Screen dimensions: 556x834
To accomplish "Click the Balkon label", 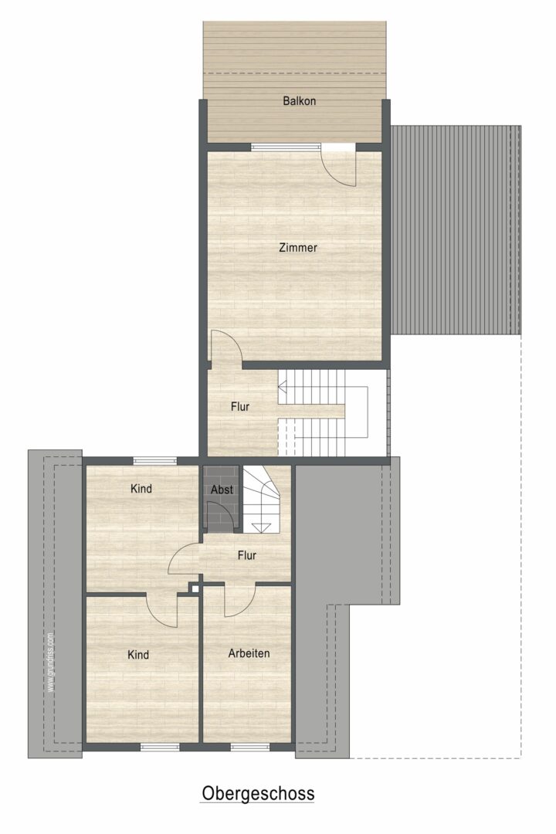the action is [299, 100].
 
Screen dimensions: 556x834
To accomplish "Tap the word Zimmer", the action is [298, 247].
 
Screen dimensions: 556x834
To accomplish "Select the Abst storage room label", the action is [222, 490].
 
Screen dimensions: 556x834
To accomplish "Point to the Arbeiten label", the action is [249, 653].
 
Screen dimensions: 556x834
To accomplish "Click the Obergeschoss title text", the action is [258, 794].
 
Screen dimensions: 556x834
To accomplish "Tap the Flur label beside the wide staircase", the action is [240, 406].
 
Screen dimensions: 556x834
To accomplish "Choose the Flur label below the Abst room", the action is [247, 555].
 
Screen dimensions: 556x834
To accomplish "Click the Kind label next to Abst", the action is [141, 488].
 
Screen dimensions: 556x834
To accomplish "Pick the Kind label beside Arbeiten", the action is [138, 655].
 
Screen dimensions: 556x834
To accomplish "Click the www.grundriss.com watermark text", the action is [50, 662].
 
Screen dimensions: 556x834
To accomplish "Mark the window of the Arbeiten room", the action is [248, 747].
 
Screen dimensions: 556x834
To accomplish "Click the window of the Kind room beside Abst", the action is [154, 460].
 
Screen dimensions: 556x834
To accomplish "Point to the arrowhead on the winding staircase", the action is [261, 527].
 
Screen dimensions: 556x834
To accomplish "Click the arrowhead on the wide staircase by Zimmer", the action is [283, 387].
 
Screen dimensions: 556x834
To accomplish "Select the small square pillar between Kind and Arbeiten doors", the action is [195, 588].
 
